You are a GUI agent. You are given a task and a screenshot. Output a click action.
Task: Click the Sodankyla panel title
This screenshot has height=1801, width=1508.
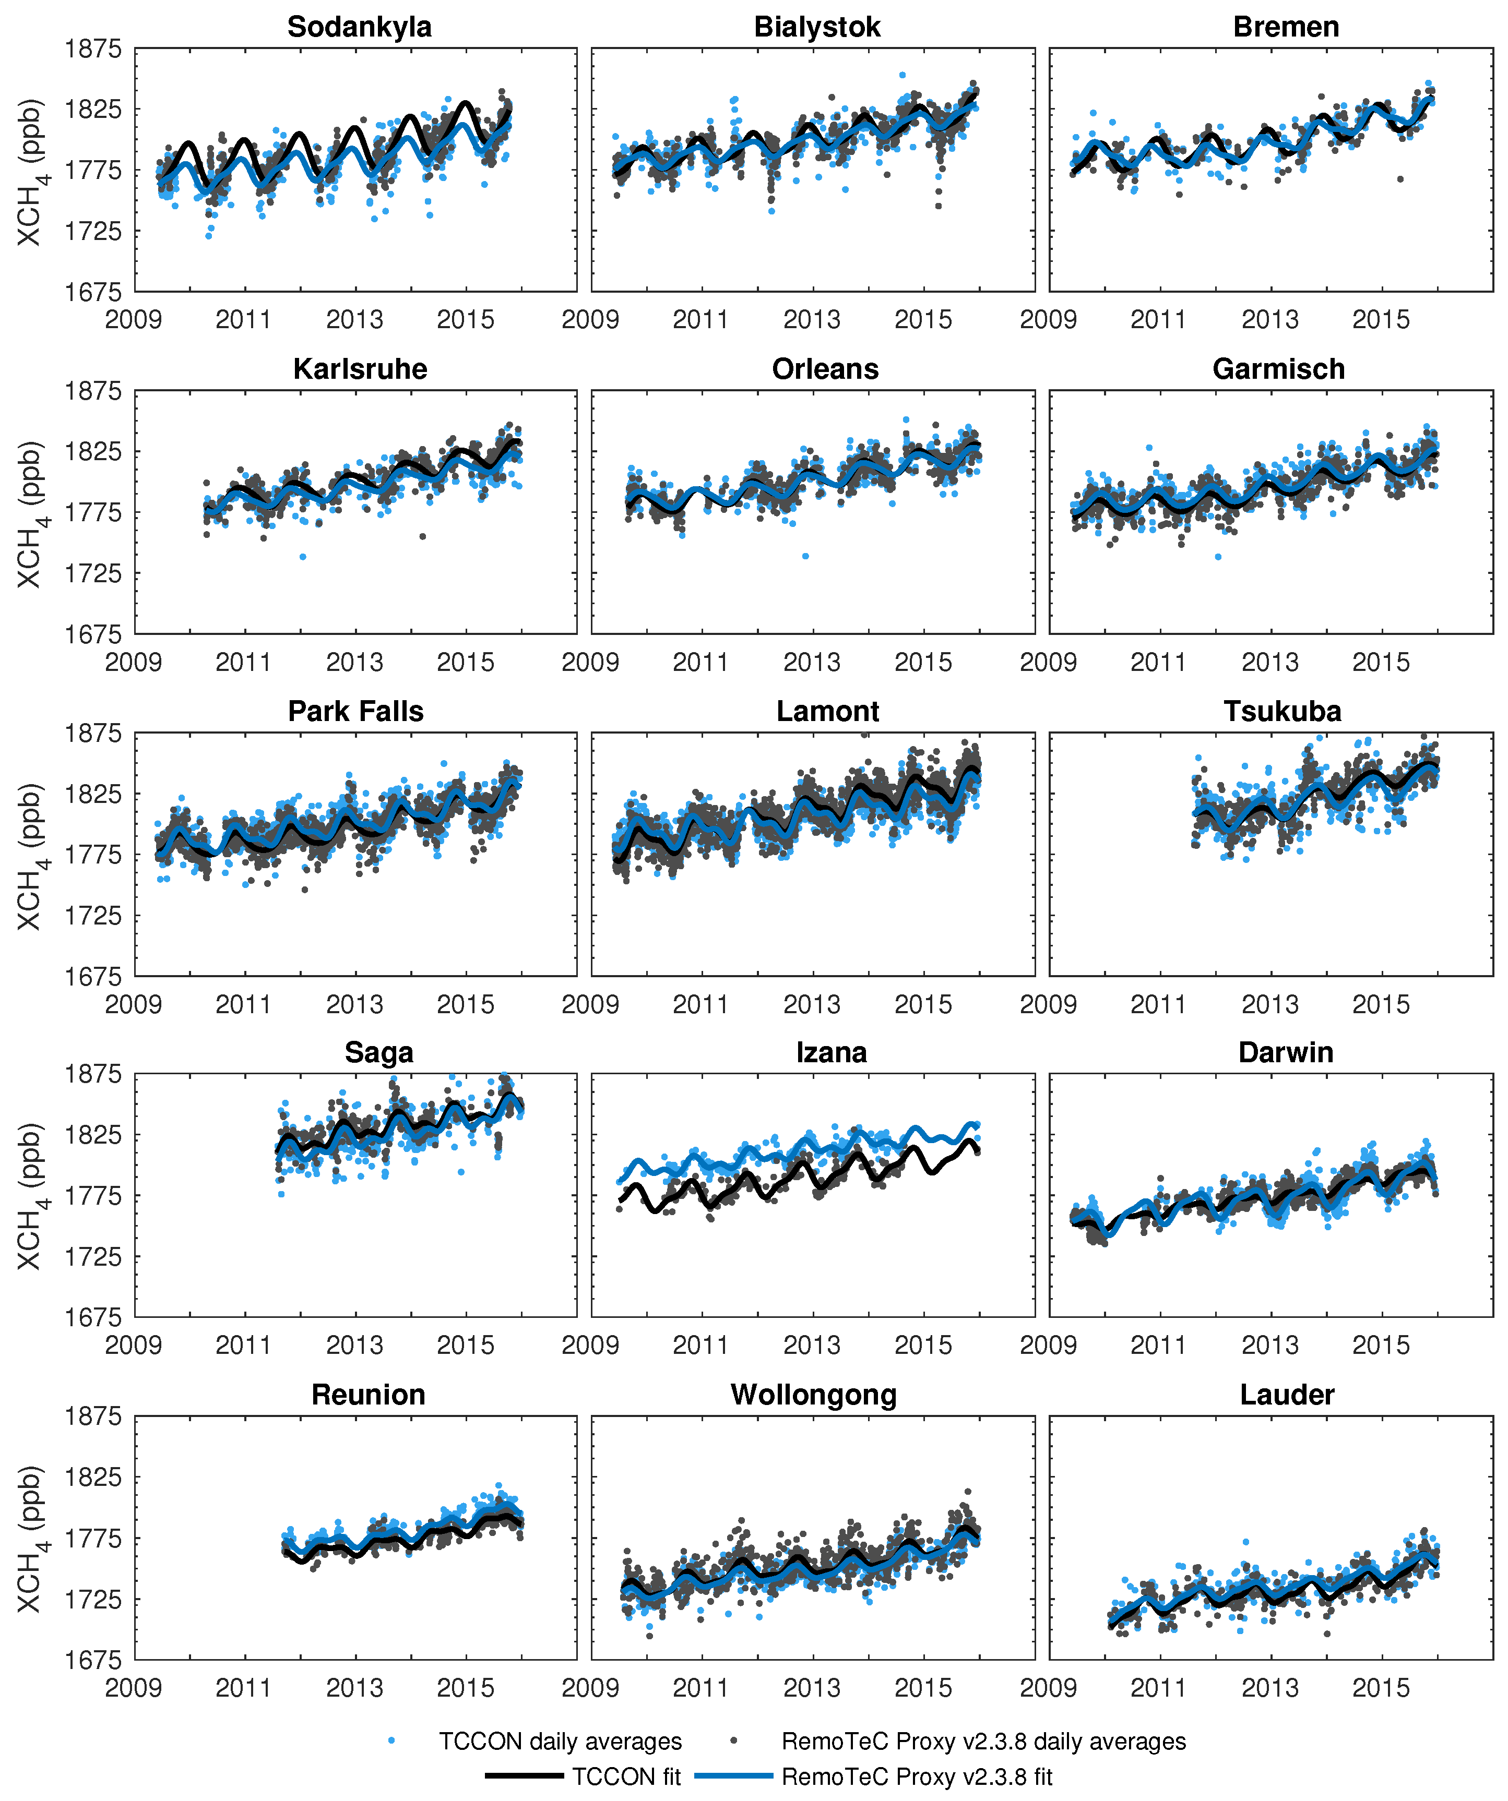pos(360,27)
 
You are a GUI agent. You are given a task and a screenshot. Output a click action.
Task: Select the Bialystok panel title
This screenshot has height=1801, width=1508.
pos(816,27)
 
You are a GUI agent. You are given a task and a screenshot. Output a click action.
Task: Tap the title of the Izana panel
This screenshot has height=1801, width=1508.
pos(831,1052)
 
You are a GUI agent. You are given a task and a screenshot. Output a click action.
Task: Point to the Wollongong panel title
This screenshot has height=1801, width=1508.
pos(813,1395)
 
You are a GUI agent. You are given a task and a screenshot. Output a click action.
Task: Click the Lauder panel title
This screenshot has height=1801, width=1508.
pos(1287,1395)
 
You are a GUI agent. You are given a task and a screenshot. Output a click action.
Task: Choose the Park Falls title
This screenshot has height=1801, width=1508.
pos(356,711)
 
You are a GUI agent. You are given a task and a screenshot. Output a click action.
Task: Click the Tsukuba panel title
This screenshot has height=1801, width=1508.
pos(1283,711)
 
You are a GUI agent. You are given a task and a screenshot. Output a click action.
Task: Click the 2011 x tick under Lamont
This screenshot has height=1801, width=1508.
pos(700,1004)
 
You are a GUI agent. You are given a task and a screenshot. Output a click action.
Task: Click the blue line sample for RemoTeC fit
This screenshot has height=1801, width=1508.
pos(733,1775)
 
